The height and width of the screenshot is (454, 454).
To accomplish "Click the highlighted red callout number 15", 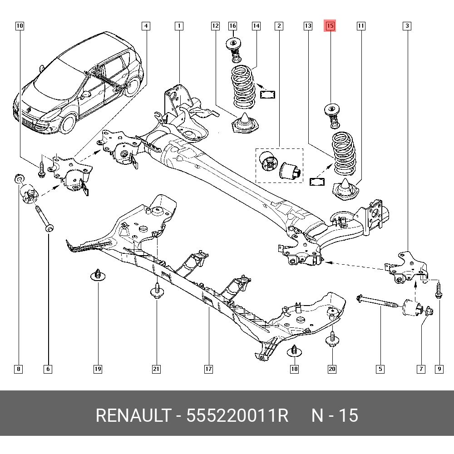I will point(330,26).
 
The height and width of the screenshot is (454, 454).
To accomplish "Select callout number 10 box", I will point(20,26).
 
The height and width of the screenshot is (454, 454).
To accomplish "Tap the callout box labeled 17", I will point(208,369).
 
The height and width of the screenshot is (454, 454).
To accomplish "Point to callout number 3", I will point(407,26).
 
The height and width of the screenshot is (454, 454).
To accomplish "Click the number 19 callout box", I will point(98,369).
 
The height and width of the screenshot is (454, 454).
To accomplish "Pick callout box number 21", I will point(156,369).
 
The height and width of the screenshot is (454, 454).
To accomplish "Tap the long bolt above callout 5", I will point(378,302).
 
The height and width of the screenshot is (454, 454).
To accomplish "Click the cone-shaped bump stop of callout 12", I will point(245,124).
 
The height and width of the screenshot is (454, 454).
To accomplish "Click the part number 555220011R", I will point(237,415).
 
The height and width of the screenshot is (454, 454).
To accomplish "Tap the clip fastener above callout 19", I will point(97,275).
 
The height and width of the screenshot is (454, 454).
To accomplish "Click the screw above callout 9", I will point(438,291).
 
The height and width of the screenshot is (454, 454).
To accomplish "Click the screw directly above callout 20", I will point(332,339).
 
